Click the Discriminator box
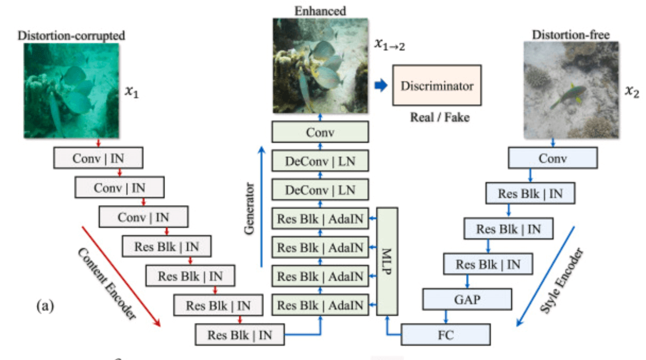437,85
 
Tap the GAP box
467,299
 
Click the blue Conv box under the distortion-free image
552,158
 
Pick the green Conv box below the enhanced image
320,132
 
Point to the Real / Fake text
439,117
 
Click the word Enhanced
320,11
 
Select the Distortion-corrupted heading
72,36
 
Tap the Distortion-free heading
570,35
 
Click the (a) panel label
45,306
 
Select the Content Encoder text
106,284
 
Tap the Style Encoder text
562,280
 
